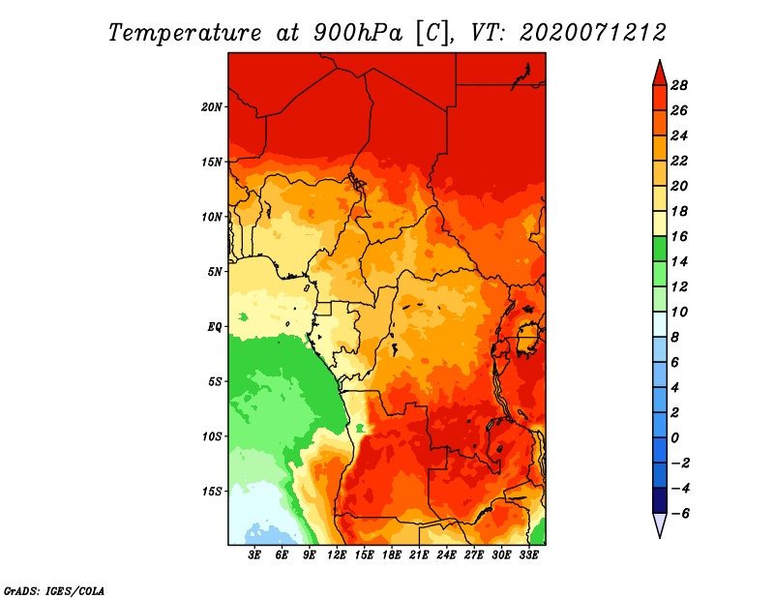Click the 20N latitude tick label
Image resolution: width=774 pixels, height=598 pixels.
(x=212, y=106)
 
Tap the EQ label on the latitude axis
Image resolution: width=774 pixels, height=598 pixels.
(x=215, y=326)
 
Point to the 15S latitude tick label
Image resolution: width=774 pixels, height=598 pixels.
(x=212, y=491)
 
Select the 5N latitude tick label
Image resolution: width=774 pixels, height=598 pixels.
(x=215, y=271)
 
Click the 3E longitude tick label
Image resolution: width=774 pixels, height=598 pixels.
(x=255, y=554)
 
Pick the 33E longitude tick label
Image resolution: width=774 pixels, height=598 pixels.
(x=528, y=554)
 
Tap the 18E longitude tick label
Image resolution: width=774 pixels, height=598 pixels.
(x=392, y=554)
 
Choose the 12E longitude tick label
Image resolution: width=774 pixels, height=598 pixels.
(x=337, y=554)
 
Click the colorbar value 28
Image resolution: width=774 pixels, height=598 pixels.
(x=678, y=84)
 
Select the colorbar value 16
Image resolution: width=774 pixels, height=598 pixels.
(x=678, y=235)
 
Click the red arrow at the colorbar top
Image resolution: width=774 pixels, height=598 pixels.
(x=659, y=72)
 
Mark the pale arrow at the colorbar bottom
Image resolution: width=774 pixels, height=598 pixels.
(x=659, y=525)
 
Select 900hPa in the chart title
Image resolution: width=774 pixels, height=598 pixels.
(x=357, y=32)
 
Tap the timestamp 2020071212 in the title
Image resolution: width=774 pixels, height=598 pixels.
(x=593, y=32)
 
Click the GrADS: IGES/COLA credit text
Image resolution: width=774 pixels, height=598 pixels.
(x=53, y=589)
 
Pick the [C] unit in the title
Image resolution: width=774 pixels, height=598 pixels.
(x=432, y=32)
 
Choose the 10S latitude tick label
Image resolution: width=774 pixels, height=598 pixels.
(x=212, y=435)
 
